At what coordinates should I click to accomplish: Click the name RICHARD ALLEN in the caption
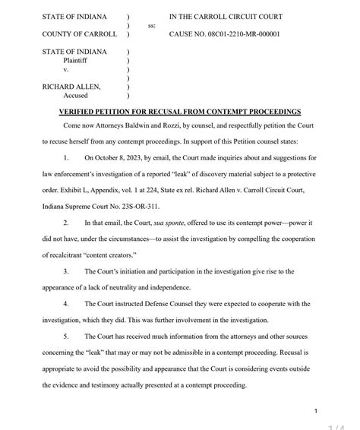coord(71,87)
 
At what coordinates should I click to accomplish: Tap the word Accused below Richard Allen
coord(75,96)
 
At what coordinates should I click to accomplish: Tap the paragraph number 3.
coord(67,271)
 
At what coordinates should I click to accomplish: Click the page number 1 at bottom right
coord(314,410)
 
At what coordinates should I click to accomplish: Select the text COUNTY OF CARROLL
coord(80,34)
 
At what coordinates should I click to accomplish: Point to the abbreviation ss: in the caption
coord(152,25)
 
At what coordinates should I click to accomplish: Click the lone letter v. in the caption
coord(65,69)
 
